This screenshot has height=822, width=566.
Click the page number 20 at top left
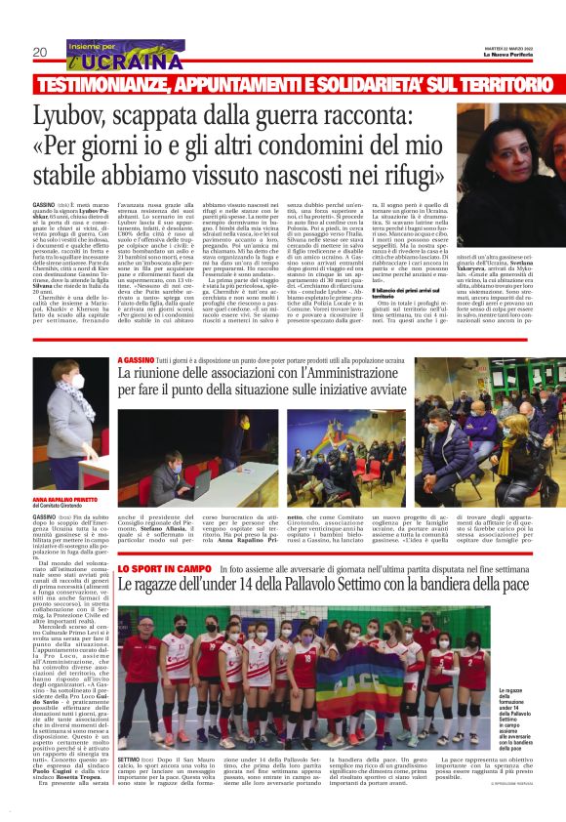[x=40, y=52]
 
